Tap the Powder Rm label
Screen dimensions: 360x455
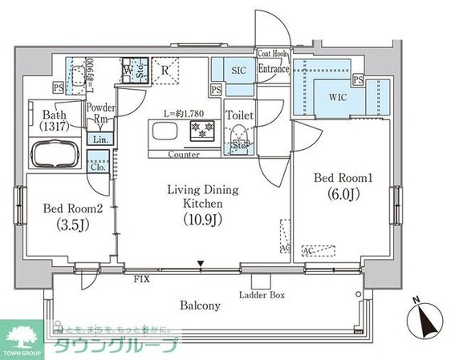click(101, 114)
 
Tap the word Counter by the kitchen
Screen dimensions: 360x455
click(184, 154)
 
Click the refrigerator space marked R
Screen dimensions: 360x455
click(165, 70)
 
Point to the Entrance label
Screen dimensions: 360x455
click(273, 69)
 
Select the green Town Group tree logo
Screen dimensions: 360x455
click(22, 334)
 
